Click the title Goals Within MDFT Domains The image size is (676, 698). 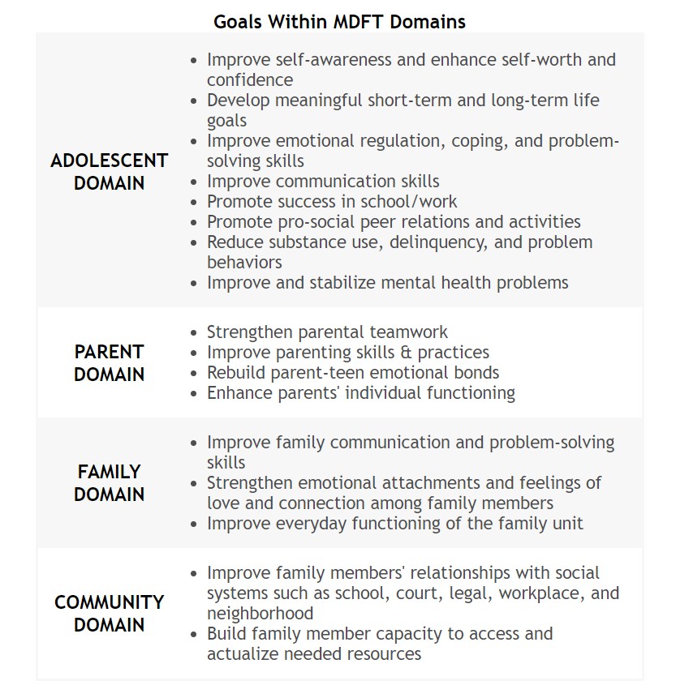pyautogui.click(x=339, y=22)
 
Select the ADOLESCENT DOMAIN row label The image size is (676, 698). pyautogui.click(x=109, y=172)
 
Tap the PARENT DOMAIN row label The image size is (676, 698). pyautogui.click(x=109, y=363)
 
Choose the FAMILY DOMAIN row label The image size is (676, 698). pyautogui.click(x=109, y=483)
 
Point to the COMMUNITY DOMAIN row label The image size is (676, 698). pyautogui.click(x=109, y=614)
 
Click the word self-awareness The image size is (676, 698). pyautogui.click(x=334, y=60)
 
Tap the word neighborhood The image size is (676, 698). pyautogui.click(x=260, y=614)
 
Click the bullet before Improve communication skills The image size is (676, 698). pyautogui.click(x=192, y=182)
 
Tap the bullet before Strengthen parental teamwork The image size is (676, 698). pyautogui.click(x=192, y=333)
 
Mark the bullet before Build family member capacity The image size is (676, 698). pyautogui.click(x=192, y=635)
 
